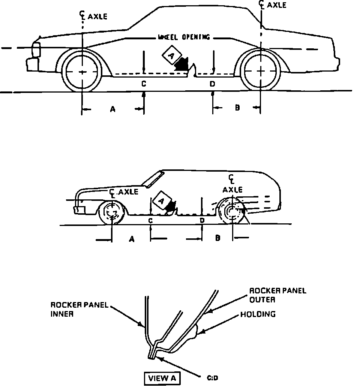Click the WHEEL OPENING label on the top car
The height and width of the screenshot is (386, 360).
click(x=184, y=37)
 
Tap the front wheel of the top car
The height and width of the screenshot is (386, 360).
click(x=82, y=71)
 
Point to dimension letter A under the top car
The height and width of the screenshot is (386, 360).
click(x=112, y=109)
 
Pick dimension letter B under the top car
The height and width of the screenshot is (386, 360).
click(x=237, y=108)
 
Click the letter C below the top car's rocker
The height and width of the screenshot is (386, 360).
click(x=144, y=84)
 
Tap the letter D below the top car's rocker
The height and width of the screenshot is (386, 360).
click(x=212, y=84)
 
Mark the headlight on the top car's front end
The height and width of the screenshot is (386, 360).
click(x=36, y=50)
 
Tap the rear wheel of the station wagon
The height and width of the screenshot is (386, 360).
click(x=232, y=212)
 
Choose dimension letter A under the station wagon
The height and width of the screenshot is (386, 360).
click(x=131, y=238)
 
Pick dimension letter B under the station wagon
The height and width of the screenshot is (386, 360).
click(x=217, y=238)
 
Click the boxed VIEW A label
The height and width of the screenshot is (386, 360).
click(x=162, y=378)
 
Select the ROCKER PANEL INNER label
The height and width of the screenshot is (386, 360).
click(x=79, y=310)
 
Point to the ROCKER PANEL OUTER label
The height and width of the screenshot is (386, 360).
click(x=277, y=295)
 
